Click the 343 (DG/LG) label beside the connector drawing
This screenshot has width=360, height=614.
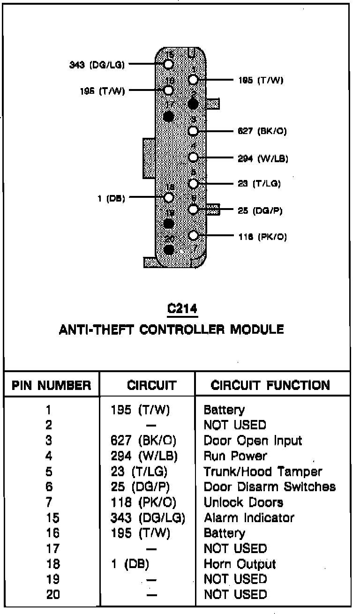coord(97,65)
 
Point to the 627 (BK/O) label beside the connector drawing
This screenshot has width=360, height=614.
coord(262,131)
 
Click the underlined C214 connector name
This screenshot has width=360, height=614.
coord(183,309)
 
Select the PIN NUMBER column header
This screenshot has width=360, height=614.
coord(52,386)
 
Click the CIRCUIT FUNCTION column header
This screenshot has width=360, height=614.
coord(270,386)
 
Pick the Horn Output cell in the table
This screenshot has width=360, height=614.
coord(240,564)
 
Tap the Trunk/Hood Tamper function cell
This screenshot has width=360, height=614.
coord(263,472)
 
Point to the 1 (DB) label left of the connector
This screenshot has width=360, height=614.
coord(111,198)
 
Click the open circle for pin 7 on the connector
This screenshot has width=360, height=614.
coord(193,236)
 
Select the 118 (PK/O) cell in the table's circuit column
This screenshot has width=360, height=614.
coord(143,502)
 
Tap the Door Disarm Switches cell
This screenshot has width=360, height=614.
coord(270,487)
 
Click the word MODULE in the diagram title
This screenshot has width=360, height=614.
coord(257,329)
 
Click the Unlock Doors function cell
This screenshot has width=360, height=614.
coord(243,502)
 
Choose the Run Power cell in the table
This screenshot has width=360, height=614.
coord(235,456)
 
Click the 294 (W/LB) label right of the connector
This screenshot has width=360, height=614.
coord(263,158)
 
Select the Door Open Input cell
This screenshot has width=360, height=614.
coord(253,441)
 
